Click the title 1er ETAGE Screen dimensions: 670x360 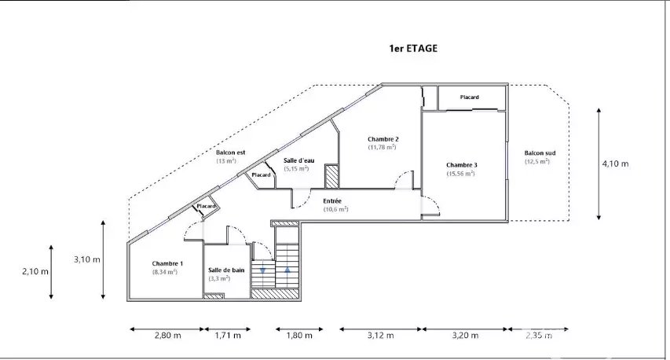point(413,48)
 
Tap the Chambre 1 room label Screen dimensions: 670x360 point(167,264)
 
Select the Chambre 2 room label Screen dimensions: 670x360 point(383,139)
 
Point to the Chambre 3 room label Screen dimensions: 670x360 point(462,165)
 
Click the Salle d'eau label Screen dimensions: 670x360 point(299,161)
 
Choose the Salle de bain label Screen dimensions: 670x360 point(226,270)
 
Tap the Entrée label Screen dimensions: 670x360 point(332,201)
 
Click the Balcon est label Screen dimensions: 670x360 point(231,152)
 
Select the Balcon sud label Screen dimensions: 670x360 point(540,153)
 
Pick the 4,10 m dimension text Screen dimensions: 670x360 point(616,163)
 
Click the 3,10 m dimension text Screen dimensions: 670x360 point(87,259)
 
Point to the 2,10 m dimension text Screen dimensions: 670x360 point(35,271)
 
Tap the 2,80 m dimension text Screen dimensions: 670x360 point(168,335)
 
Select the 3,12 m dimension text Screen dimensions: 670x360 point(381,335)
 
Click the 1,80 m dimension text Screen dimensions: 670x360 point(299,335)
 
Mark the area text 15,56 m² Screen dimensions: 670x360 point(461,174)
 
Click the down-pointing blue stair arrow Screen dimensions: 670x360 point(262,270)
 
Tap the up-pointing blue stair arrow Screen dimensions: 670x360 point(287,270)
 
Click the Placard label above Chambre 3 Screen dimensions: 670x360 point(470,97)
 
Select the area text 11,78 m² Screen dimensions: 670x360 point(382,147)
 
